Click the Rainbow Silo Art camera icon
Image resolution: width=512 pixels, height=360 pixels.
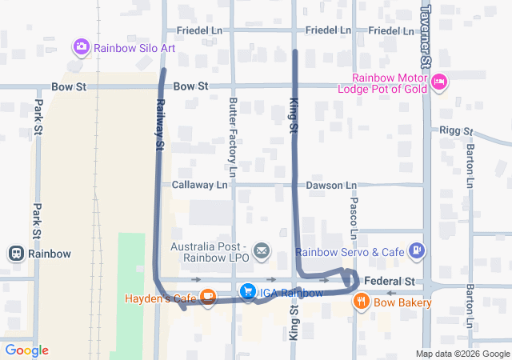[x=81, y=47]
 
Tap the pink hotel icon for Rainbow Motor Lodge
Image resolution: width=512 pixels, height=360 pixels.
[x=438, y=82]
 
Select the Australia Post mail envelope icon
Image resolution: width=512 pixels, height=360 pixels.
[x=261, y=252]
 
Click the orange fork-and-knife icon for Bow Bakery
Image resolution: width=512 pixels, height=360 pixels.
[x=362, y=302]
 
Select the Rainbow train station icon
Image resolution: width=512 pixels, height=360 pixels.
[x=15, y=254]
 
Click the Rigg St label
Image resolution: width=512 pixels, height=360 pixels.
[x=456, y=130]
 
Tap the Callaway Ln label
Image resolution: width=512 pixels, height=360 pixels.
[x=200, y=185]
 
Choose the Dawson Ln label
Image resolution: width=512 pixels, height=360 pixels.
[x=331, y=185]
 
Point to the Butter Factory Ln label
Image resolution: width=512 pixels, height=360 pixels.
[x=233, y=137]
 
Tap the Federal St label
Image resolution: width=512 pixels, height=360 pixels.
[x=390, y=282]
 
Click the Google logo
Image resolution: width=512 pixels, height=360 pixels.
[x=26, y=350]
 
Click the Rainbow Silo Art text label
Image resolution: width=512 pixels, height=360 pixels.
[x=134, y=47]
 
